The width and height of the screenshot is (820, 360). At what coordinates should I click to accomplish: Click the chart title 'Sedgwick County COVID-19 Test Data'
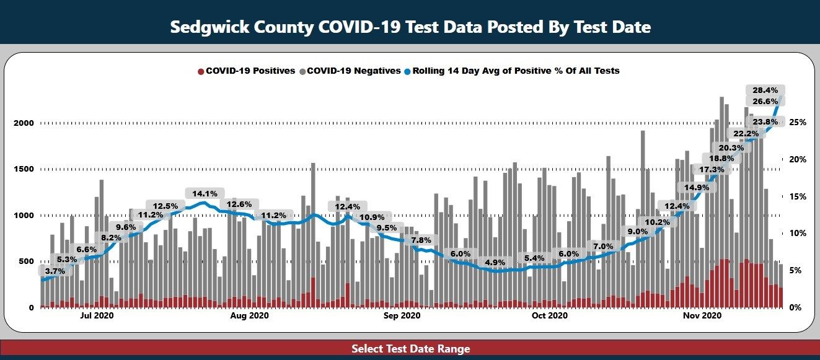[x=410, y=27]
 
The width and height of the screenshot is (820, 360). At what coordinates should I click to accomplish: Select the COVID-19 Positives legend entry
[x=246, y=71]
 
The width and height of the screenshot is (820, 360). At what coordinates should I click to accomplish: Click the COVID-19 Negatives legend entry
[x=350, y=71]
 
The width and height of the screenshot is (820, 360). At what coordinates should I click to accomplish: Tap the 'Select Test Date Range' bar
[x=410, y=349]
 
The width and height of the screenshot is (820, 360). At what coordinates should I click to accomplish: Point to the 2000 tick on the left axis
[x=24, y=123]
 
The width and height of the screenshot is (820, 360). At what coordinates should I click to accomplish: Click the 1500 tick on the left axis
[x=24, y=169]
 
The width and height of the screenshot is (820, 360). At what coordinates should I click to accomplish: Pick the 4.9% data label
[x=495, y=263]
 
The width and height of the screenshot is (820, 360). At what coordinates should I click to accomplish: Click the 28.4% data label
[x=765, y=90]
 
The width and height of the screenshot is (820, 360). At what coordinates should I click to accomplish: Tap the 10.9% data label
[x=372, y=217]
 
